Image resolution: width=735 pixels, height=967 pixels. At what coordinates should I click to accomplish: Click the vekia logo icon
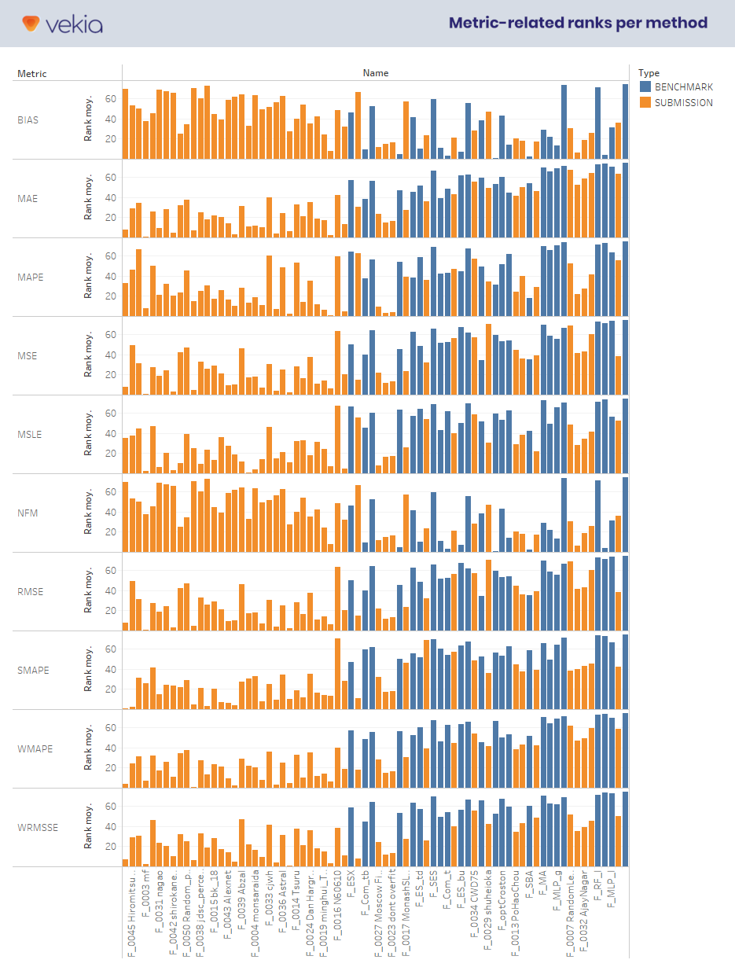[x=31, y=24]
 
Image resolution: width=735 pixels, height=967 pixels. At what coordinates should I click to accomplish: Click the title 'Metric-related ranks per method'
[x=578, y=23]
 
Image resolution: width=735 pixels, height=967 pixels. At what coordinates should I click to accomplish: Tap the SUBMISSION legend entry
[x=683, y=102]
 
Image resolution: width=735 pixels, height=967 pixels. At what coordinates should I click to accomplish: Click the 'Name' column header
[x=375, y=73]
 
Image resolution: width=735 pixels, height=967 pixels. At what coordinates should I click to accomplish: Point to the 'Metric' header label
[x=32, y=74]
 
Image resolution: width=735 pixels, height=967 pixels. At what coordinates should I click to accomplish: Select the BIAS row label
[x=28, y=120]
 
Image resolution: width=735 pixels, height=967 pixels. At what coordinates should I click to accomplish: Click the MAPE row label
[x=30, y=278]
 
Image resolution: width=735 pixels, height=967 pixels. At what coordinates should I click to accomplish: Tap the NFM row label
[x=28, y=513]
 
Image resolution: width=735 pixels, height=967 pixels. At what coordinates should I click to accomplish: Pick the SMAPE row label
[x=32, y=671]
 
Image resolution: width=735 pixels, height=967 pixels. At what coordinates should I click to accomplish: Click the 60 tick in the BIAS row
[x=111, y=99]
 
